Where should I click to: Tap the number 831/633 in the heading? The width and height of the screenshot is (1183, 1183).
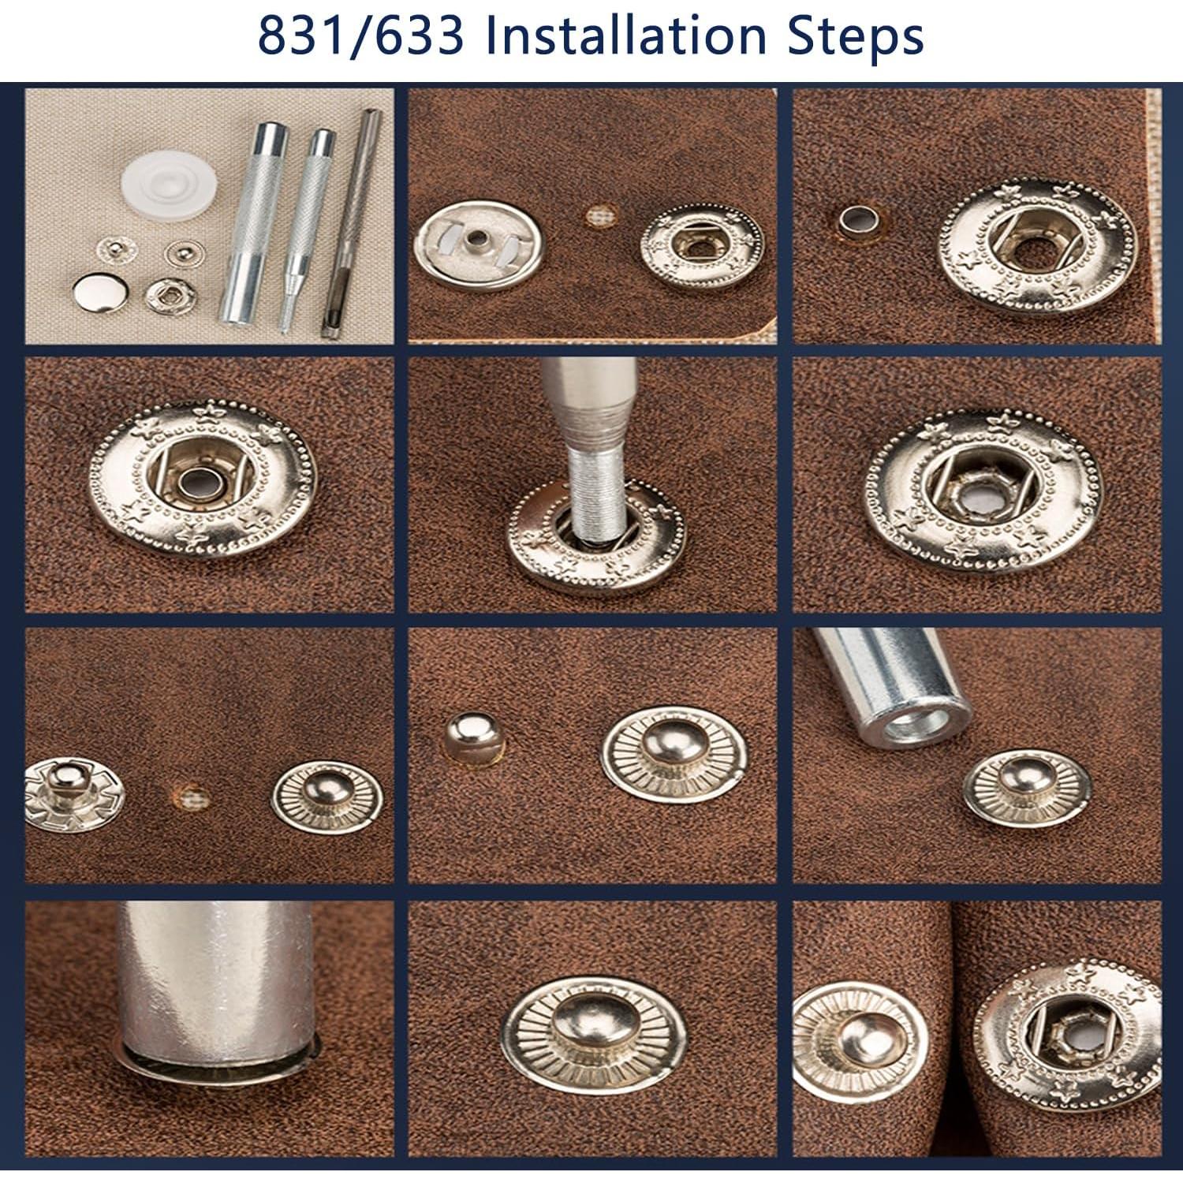360,37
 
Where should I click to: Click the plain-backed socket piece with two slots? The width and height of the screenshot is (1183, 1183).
478,245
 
